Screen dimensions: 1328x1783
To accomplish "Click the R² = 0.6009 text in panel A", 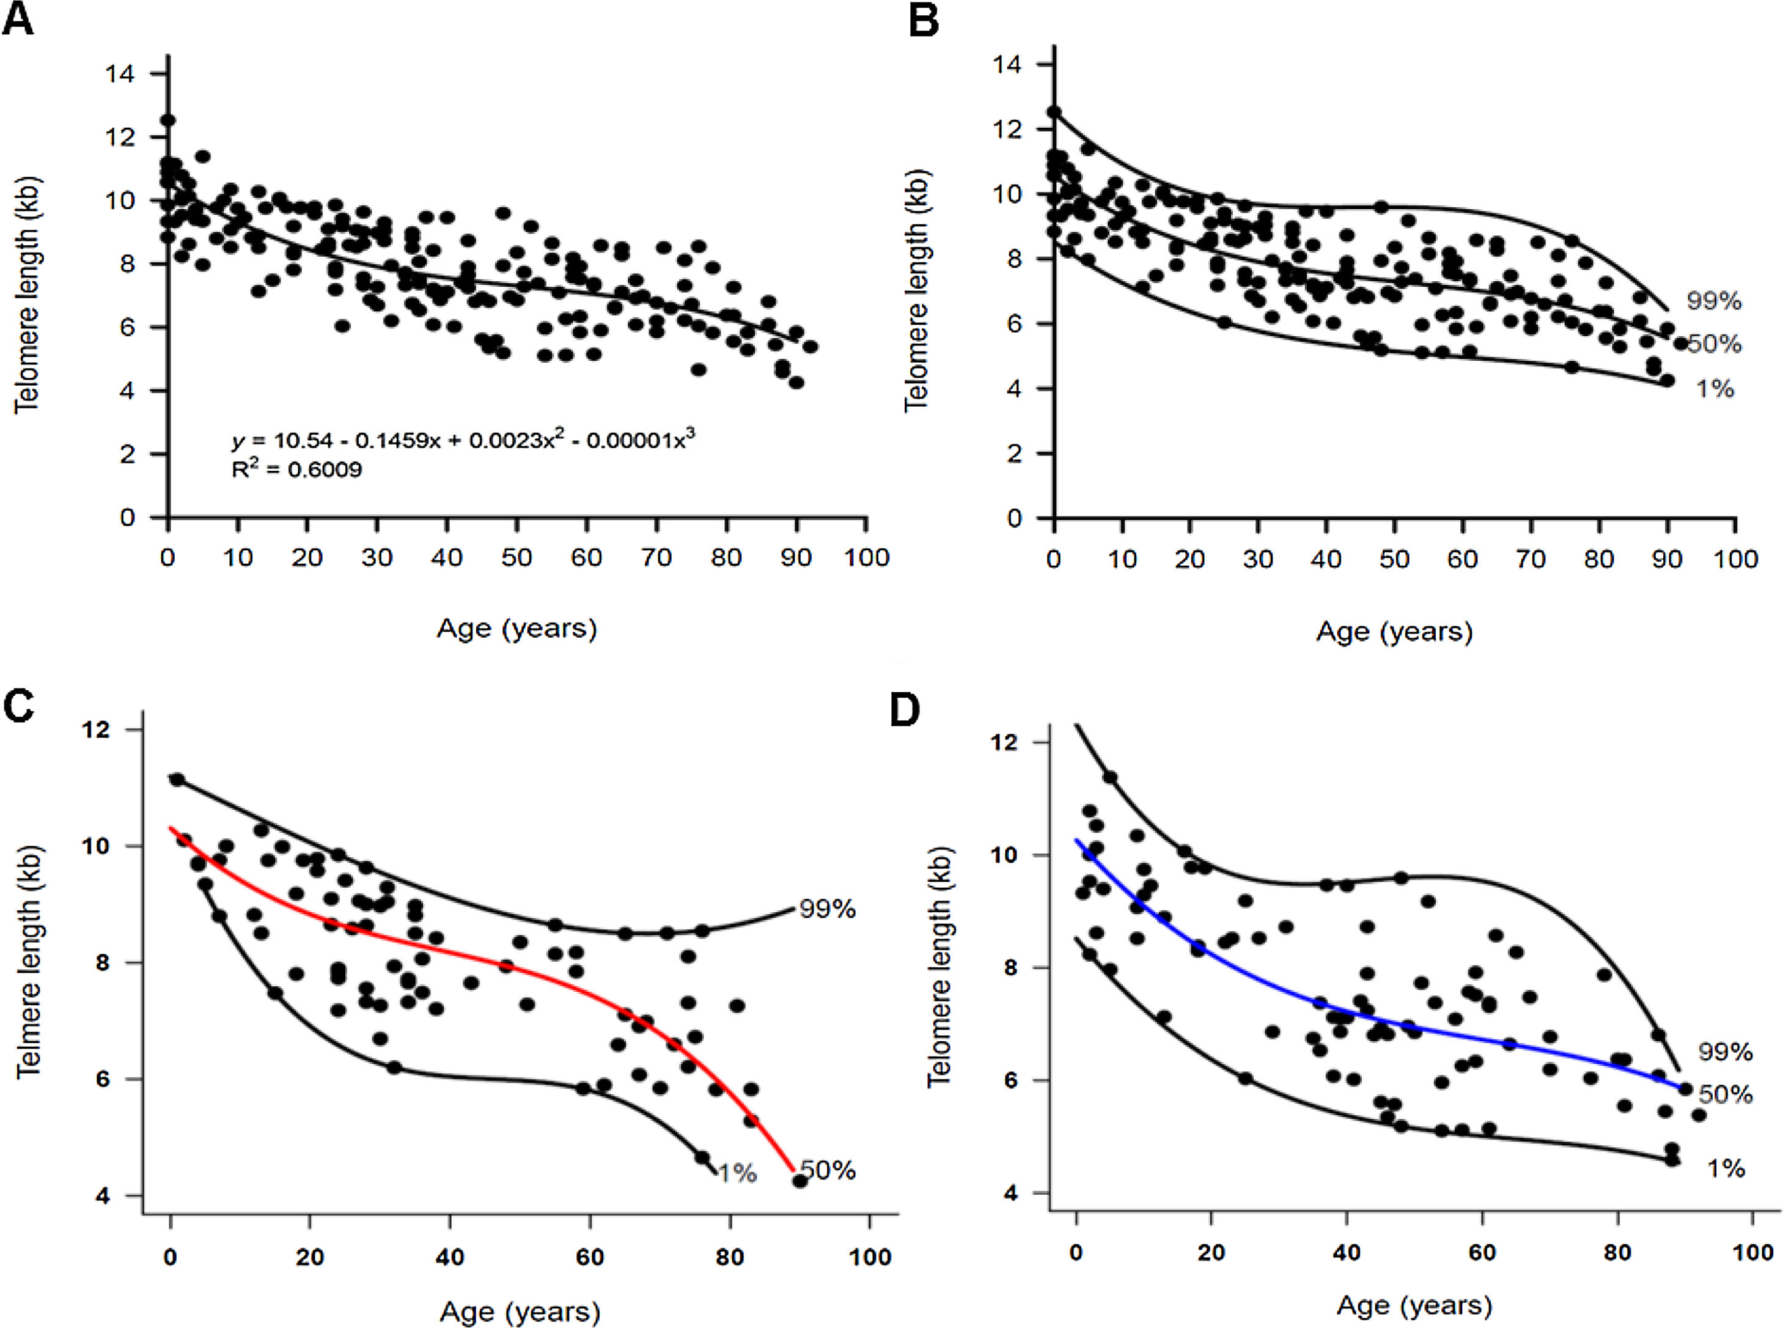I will click(x=296, y=469).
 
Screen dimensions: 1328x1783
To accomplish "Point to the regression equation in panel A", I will click(x=463, y=440).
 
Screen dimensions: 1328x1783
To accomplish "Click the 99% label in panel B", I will click(x=1713, y=301).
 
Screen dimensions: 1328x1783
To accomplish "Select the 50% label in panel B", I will click(x=1713, y=344).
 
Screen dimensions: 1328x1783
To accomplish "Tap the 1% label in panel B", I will click(x=1714, y=389).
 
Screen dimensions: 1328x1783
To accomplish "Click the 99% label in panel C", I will click(x=827, y=909).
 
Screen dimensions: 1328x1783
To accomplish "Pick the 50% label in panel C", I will click(x=828, y=1170).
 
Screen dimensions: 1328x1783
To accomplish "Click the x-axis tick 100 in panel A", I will click(x=866, y=558).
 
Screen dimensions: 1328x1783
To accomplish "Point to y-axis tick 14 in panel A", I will click(x=120, y=74).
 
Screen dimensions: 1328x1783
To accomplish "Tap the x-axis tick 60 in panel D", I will click(x=1482, y=1252).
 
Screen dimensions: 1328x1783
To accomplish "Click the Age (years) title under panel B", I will click(x=1394, y=632).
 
